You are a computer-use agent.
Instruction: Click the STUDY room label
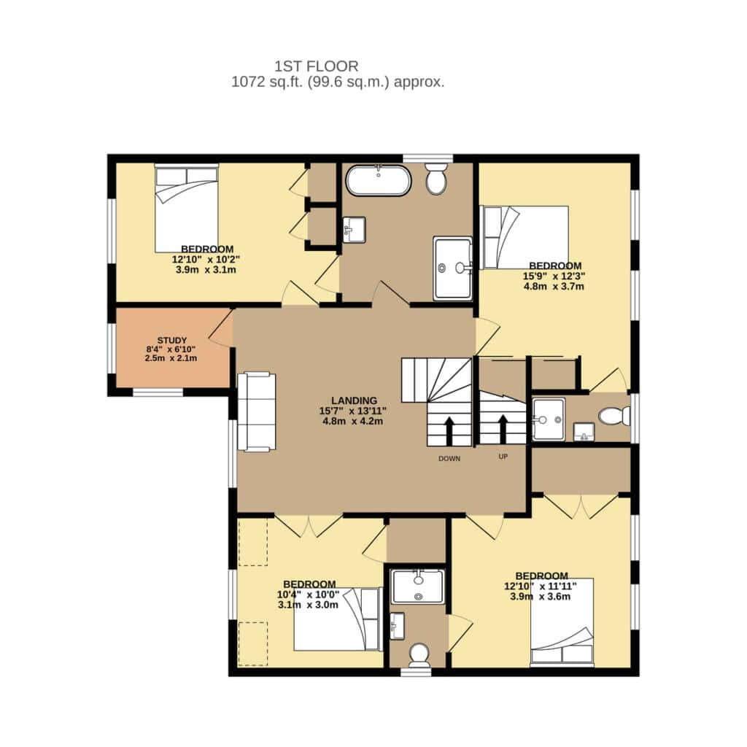click(x=172, y=340)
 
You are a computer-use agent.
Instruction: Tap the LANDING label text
click(x=354, y=400)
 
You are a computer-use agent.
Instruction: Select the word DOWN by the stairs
click(x=449, y=459)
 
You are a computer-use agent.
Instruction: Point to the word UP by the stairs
click(x=503, y=457)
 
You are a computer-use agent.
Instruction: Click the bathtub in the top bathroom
click(x=379, y=180)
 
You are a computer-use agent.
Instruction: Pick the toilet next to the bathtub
click(x=436, y=178)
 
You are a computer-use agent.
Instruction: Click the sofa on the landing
click(x=256, y=411)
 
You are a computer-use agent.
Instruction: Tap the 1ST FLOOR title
click(x=317, y=66)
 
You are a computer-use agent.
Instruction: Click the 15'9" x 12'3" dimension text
click(x=554, y=276)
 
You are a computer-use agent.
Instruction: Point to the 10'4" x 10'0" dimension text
click(x=309, y=595)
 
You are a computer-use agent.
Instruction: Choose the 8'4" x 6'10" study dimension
click(x=171, y=349)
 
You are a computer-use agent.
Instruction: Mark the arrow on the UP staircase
click(x=503, y=428)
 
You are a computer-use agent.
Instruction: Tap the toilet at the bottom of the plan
click(x=419, y=655)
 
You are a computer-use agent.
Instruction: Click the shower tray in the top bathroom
click(x=452, y=268)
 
